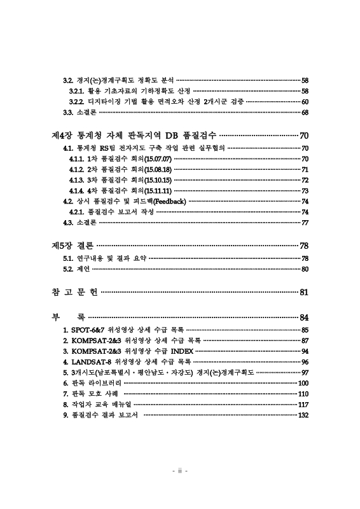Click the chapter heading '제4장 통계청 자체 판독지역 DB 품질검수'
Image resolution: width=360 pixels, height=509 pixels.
pos(134,136)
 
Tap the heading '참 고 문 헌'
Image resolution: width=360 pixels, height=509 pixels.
pos(74,292)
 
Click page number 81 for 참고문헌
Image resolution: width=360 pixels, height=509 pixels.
pos(304,292)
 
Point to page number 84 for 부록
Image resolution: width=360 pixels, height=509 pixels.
pos(304,317)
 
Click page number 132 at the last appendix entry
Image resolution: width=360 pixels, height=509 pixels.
pos(303,415)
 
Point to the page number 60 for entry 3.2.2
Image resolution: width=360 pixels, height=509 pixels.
pos(305,102)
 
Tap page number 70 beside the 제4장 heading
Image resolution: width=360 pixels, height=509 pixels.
pos(304,136)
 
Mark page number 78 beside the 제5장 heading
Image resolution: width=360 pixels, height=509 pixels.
pos(304,246)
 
